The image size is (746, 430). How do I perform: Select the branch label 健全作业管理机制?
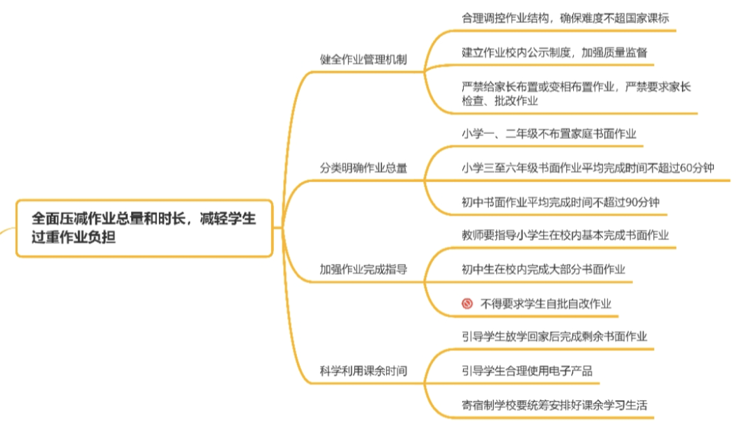[363, 60]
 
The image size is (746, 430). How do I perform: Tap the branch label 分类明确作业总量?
[363, 168]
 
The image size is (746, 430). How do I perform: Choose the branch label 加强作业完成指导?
[363, 269]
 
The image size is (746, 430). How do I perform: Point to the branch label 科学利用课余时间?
[363, 371]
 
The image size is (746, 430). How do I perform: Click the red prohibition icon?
[466, 304]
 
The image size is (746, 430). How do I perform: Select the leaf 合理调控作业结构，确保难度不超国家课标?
[565, 18]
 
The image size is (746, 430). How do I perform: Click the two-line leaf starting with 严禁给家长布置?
[576, 94]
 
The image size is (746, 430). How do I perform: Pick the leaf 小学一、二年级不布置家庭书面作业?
[549, 133]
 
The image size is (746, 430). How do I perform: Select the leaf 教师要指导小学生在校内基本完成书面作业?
[565, 235]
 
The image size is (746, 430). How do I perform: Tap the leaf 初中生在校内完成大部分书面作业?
[543, 269]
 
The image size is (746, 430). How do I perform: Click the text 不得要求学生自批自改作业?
[546, 304]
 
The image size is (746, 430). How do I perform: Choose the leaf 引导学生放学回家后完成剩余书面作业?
[554, 336]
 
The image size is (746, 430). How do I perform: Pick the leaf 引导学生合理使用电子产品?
[527, 371]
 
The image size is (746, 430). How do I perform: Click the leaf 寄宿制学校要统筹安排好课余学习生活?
[558, 405]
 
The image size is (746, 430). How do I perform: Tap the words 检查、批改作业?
[499, 101]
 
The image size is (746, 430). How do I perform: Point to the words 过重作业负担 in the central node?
[73, 237]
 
